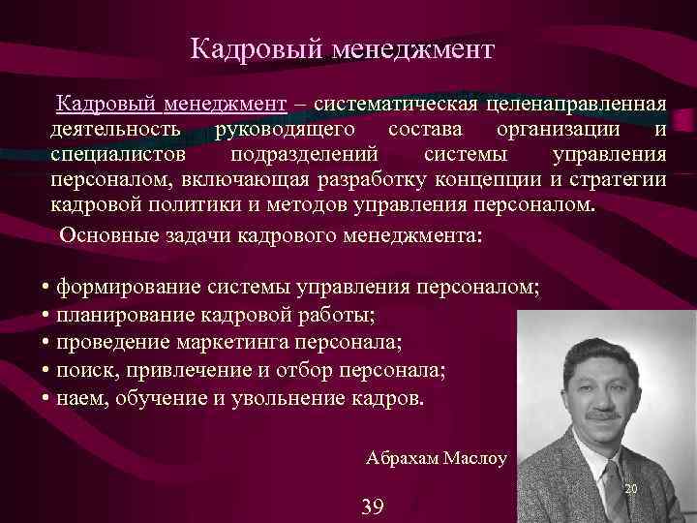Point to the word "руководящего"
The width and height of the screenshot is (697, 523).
point(286,130)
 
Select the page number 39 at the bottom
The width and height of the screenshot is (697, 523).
point(373,506)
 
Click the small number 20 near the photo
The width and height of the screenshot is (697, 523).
point(631,489)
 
